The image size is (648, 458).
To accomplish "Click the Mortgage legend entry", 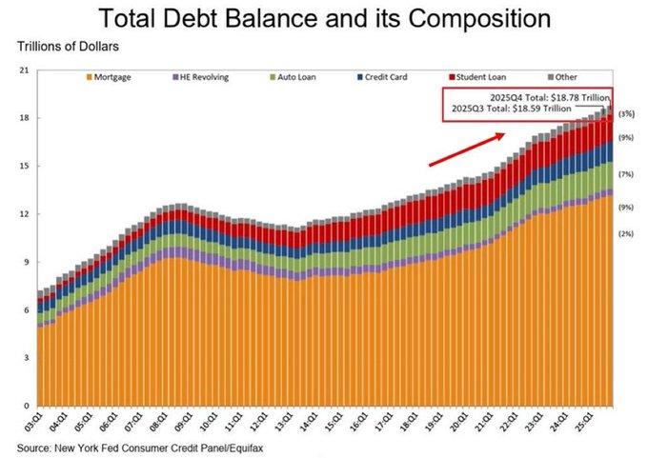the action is [109, 77].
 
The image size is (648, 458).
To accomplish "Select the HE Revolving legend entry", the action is [200, 77].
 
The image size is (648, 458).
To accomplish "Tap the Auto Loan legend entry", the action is [293, 77].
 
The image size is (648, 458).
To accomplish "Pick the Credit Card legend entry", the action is [382, 77].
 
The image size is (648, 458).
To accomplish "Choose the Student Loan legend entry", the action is [477, 77].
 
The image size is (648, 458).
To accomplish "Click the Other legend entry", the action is [562, 77].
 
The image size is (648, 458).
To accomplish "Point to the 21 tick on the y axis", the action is [25, 70].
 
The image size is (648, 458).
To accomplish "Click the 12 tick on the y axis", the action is [25, 214].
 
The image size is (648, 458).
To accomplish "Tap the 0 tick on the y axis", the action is [27, 406].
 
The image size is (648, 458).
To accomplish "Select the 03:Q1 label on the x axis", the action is [33, 422].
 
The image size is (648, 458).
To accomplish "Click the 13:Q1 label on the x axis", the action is [285, 422].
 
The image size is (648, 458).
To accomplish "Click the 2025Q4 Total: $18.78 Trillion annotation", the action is [550, 98].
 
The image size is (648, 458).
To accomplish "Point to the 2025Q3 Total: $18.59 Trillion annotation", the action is [511, 109].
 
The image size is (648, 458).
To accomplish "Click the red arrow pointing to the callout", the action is [467, 149].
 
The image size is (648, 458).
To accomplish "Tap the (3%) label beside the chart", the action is [626, 114].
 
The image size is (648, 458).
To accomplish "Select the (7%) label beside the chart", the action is [626, 174].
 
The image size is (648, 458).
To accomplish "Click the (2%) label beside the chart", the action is [626, 233].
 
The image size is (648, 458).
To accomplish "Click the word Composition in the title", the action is [479, 19].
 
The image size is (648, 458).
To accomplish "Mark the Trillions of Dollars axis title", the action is [68, 47].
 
